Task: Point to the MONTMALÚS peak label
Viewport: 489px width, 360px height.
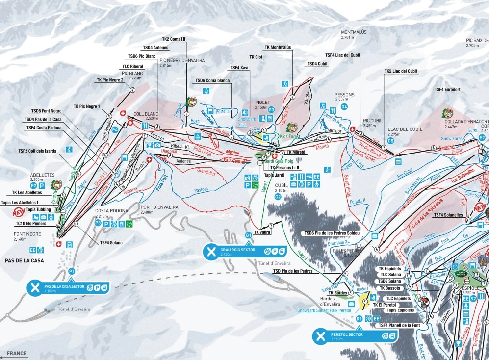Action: tap(354, 32)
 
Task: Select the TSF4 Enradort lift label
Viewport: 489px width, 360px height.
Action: tap(447, 90)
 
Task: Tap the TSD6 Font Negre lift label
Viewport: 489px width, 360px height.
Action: tap(47, 111)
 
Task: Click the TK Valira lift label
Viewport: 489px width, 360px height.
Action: tap(262, 233)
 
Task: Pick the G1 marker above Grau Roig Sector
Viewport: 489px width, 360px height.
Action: tap(249, 235)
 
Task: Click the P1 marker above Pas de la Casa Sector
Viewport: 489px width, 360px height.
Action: tap(72, 271)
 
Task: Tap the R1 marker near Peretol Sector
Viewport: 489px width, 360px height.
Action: tap(359, 319)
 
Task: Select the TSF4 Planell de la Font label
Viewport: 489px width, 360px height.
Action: tap(399, 325)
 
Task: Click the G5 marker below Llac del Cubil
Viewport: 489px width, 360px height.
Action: tap(390, 141)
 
